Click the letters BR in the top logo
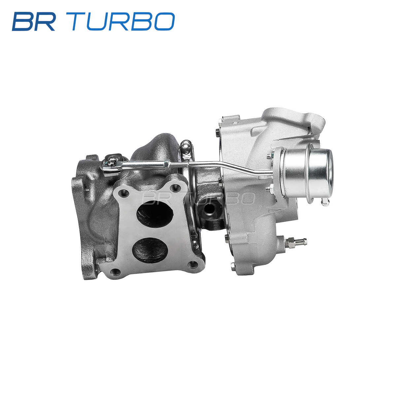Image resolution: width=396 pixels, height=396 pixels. coord(34,21)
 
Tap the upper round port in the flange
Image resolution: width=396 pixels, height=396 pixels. coord(155,213)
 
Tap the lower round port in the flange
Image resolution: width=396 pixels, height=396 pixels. coord(150,250)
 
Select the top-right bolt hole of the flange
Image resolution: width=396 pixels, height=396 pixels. coord(175,188)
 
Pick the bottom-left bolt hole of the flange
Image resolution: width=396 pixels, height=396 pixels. coord(115,272)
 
